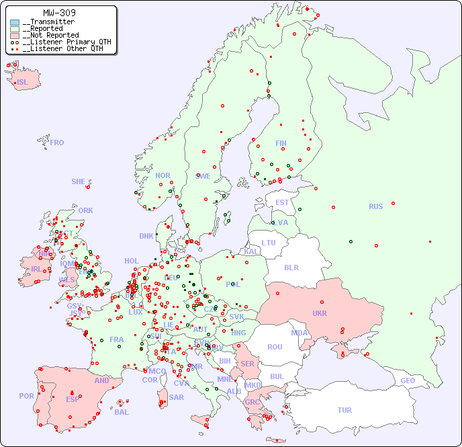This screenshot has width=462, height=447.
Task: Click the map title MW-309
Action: (x=59, y=13)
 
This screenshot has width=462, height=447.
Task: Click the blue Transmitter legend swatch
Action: (x=15, y=22)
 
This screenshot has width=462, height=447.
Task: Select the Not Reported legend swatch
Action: (x=15, y=36)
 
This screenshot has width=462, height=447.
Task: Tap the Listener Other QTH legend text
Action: (x=63, y=48)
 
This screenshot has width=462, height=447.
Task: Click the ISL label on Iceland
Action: (x=22, y=83)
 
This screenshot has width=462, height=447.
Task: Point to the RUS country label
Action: (x=375, y=207)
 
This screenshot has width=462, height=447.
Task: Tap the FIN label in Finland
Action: (x=281, y=143)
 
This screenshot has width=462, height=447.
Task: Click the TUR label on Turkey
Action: (x=344, y=410)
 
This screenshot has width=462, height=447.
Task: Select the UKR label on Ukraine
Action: (x=320, y=314)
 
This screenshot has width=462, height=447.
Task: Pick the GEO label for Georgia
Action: (x=408, y=381)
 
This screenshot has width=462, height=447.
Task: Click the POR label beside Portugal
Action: (x=26, y=397)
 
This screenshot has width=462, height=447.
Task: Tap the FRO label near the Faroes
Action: (x=57, y=143)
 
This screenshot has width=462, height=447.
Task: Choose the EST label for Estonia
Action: (x=282, y=202)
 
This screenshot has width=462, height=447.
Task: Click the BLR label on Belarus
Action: (x=291, y=267)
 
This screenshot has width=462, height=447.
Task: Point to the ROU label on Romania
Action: (x=275, y=347)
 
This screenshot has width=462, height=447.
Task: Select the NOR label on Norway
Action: (x=163, y=175)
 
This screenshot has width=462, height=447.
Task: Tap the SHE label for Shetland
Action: (x=78, y=181)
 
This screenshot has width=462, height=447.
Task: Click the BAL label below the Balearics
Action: (x=122, y=412)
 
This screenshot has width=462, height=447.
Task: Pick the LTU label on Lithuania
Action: (x=269, y=243)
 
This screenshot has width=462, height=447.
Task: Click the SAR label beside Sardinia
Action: (x=177, y=397)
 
